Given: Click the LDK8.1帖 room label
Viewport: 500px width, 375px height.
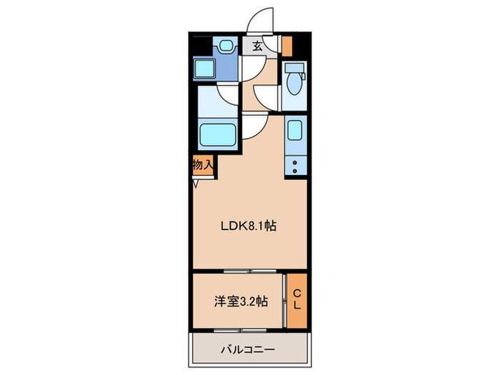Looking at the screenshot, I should click(247, 226).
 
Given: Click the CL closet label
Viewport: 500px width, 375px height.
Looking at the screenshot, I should click(296, 301).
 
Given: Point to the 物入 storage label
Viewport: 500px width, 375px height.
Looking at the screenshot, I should click(202, 164).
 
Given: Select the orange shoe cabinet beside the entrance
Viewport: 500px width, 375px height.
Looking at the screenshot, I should click(287, 46).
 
